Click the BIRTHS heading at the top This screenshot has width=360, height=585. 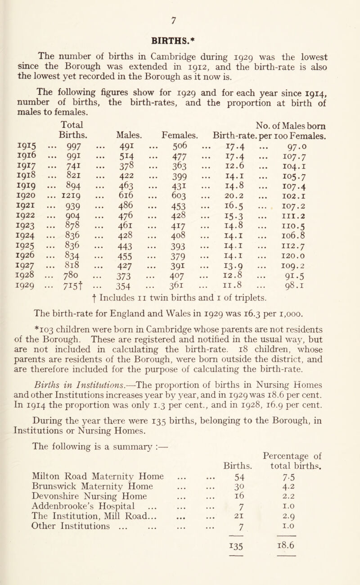180,33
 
